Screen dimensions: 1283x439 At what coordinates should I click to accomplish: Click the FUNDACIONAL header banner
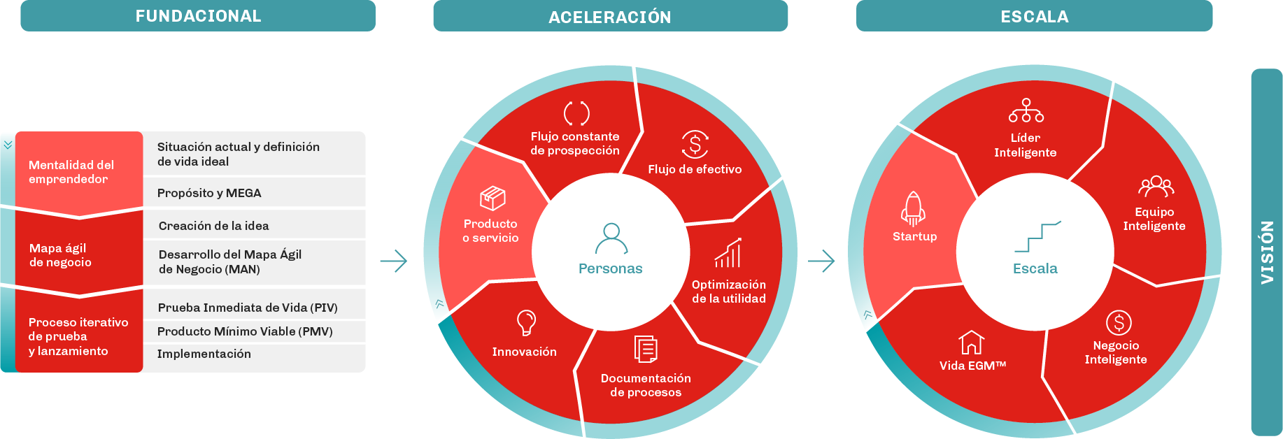click(x=198, y=15)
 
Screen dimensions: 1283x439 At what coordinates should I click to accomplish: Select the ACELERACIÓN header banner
click(x=610, y=16)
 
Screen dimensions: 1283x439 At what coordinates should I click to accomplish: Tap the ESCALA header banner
click(x=1034, y=16)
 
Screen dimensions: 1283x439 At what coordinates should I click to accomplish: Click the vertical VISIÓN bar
click(x=1266, y=252)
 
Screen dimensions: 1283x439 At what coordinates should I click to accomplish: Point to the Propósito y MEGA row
click(x=254, y=193)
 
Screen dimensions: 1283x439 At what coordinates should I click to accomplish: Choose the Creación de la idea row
click(x=254, y=225)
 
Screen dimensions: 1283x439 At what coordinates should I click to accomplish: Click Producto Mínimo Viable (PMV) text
click(x=245, y=331)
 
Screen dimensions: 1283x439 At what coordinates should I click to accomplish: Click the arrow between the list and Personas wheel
click(x=394, y=261)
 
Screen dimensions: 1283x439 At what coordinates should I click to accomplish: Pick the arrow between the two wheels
click(x=821, y=261)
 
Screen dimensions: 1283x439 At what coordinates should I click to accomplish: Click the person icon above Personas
click(x=611, y=238)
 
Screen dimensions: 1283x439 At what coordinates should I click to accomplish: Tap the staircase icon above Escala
click(x=1038, y=236)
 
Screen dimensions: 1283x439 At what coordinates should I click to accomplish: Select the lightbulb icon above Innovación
click(x=526, y=323)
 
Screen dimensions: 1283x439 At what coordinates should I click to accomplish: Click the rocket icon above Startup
click(x=913, y=208)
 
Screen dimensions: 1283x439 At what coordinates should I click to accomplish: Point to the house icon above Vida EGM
click(x=971, y=343)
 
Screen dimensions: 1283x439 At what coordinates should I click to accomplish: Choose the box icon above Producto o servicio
click(x=492, y=199)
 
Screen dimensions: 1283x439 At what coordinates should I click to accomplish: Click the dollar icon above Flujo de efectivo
click(x=695, y=145)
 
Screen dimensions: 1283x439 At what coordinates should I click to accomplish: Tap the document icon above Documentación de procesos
click(x=646, y=349)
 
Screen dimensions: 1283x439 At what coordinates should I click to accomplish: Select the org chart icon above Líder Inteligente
click(x=1026, y=110)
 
